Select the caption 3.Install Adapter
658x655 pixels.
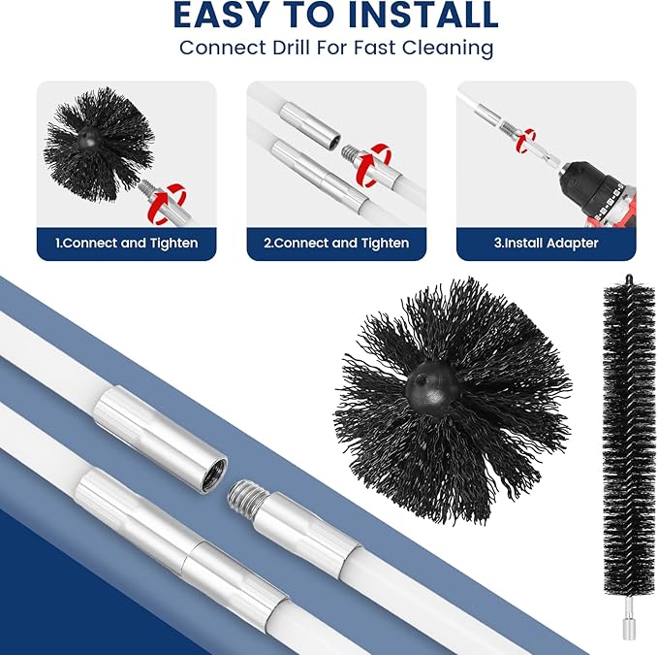click(x=546, y=243)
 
